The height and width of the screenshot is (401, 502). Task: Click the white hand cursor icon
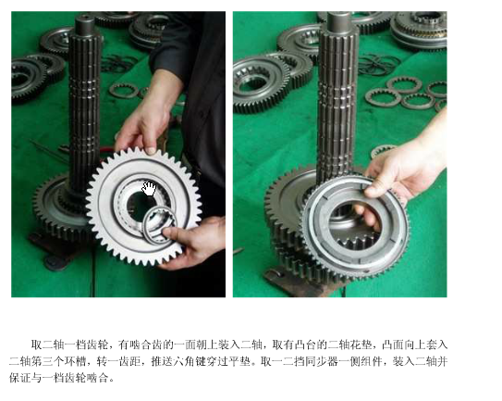pyautogui.click(x=149, y=189)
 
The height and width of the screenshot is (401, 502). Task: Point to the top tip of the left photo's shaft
pyautogui.click(x=85, y=16)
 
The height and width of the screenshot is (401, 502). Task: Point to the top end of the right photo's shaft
pyautogui.click(x=339, y=13)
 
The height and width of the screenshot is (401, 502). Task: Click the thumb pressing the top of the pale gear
pyautogui.click(x=151, y=150)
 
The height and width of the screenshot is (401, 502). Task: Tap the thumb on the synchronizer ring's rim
pyautogui.click(x=373, y=192)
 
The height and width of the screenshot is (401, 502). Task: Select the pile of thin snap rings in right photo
pyautogui.click(x=379, y=65)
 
